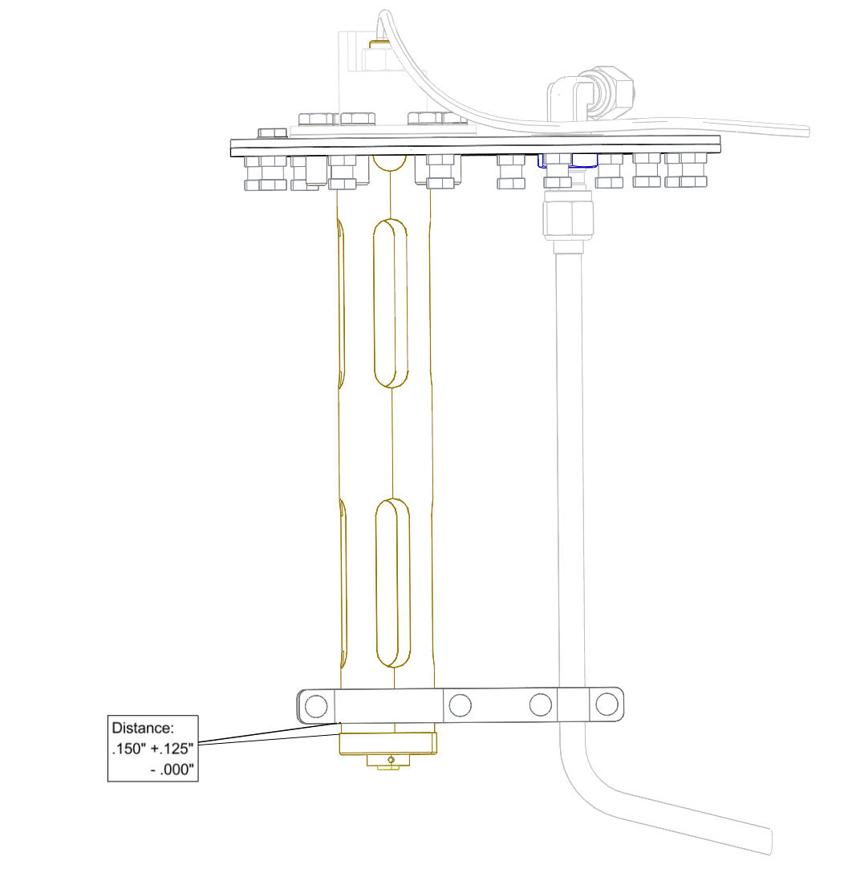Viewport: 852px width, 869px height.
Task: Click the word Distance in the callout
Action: click(x=143, y=728)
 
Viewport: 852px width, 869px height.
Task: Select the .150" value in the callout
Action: click(x=129, y=749)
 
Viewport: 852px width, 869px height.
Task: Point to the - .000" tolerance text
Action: click(x=172, y=770)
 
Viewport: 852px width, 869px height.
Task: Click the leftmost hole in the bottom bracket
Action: click(x=316, y=707)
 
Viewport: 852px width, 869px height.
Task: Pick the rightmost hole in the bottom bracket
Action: click(x=607, y=705)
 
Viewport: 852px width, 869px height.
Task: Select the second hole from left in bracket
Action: click(x=460, y=705)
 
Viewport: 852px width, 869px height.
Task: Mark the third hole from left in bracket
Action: click(x=540, y=705)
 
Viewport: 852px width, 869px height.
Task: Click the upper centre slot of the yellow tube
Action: click(x=391, y=303)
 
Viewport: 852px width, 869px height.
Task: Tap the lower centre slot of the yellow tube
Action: click(x=393, y=583)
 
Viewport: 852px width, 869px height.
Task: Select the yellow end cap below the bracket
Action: click(x=387, y=743)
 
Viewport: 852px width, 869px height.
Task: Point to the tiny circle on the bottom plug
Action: click(x=391, y=760)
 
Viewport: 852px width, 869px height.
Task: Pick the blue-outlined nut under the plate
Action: click(x=567, y=160)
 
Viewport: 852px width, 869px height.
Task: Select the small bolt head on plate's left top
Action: click(x=272, y=133)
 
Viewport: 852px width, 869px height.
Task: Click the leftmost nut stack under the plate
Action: click(x=266, y=173)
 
